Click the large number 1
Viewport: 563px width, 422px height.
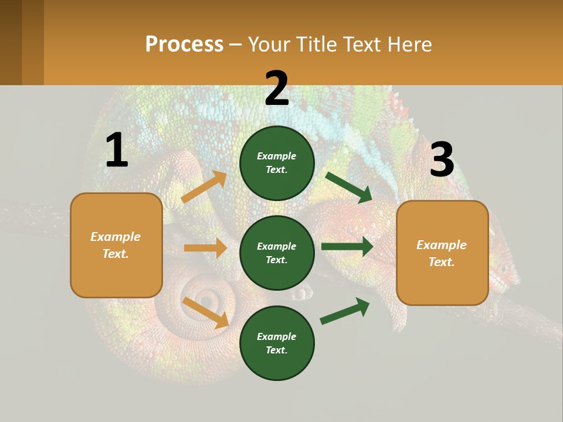(x=116, y=151)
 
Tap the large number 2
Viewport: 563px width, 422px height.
(x=277, y=89)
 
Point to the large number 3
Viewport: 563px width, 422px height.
(x=442, y=160)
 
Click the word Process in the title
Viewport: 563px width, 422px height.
(x=184, y=44)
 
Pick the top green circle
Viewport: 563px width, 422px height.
(x=277, y=163)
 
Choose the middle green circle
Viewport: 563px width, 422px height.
(x=277, y=253)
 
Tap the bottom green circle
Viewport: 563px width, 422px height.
(x=277, y=343)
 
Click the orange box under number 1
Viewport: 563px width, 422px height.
(x=116, y=245)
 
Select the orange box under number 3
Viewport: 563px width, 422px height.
(x=442, y=253)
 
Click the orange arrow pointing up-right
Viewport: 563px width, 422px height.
(x=204, y=187)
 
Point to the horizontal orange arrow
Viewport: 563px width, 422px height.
(x=205, y=248)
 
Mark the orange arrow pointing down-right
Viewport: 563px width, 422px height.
(x=206, y=312)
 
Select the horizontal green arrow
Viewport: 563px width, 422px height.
(x=347, y=247)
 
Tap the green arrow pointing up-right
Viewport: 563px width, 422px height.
(x=345, y=311)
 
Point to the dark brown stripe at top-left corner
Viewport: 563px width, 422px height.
(x=11, y=42)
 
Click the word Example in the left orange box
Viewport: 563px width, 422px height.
(x=116, y=237)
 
